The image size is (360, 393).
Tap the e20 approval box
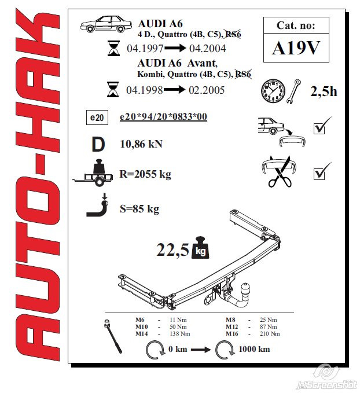(97, 118)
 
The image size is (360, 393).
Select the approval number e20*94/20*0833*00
(163, 117)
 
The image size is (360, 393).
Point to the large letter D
(98, 143)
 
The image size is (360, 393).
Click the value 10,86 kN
(141, 144)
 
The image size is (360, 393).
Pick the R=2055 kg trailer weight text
(145, 174)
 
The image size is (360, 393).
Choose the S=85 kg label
(139, 208)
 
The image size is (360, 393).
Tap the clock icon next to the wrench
(273, 90)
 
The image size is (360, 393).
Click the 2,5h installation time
(324, 91)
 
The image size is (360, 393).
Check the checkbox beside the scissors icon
(319, 173)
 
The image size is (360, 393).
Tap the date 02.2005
(206, 90)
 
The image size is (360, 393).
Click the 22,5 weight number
(173, 250)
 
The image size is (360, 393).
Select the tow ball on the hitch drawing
(246, 287)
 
